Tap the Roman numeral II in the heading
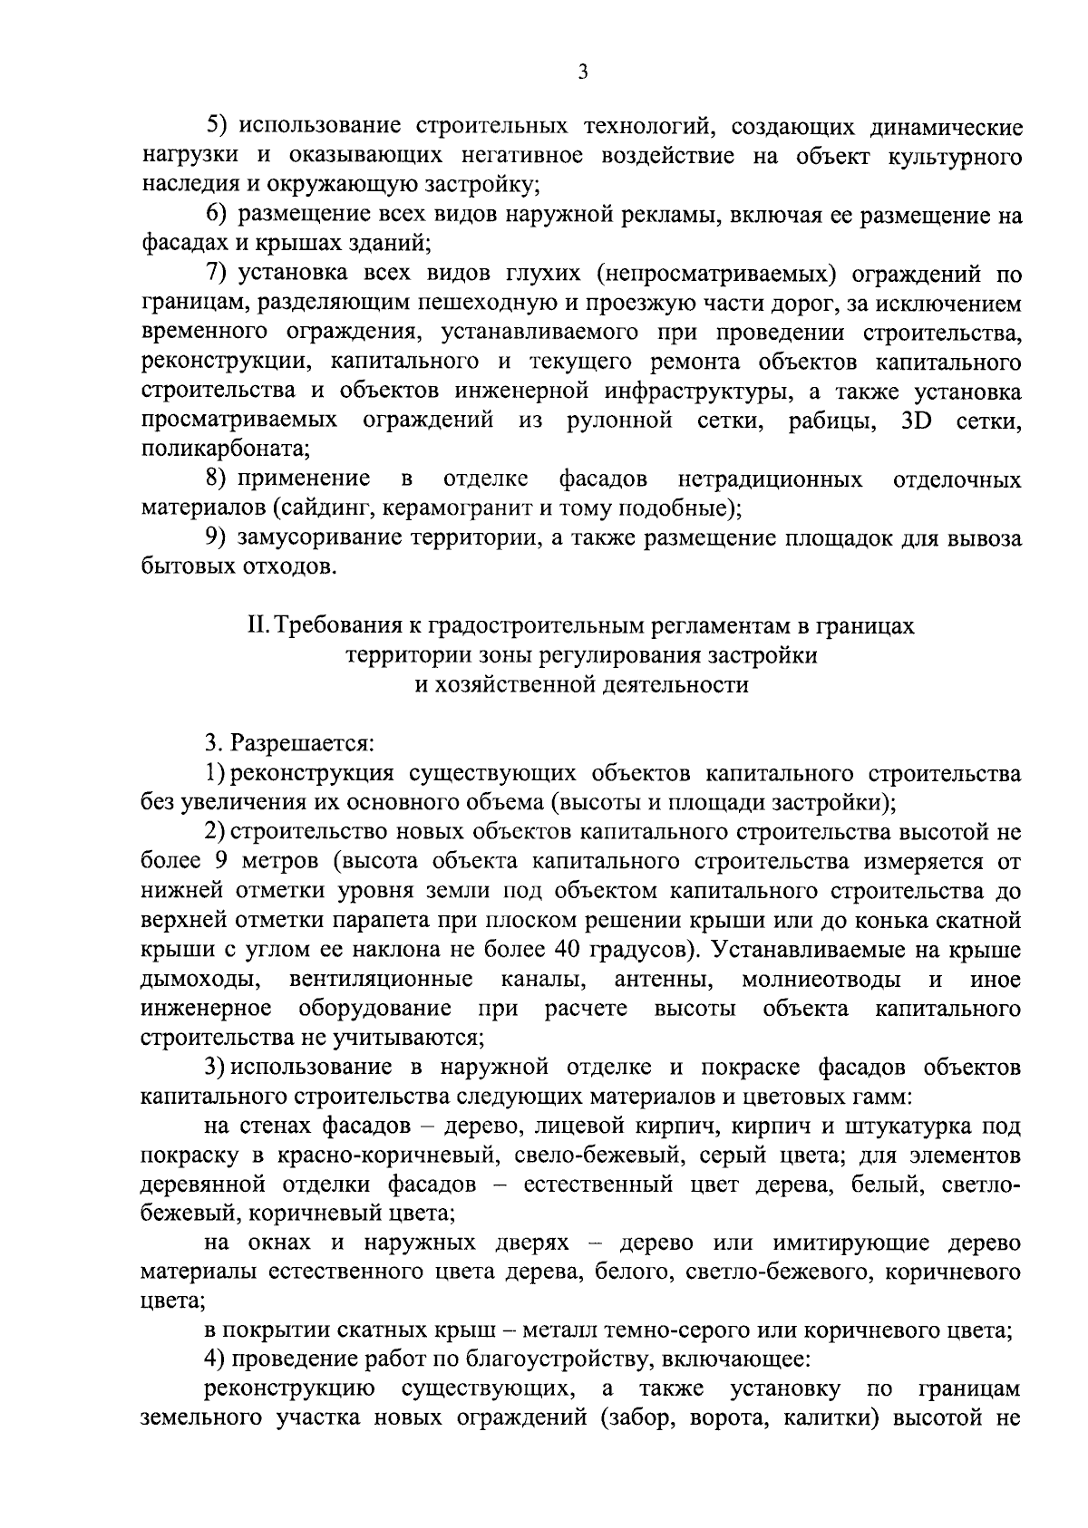(259, 627)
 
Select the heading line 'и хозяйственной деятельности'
(581, 685)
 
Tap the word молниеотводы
(821, 980)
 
